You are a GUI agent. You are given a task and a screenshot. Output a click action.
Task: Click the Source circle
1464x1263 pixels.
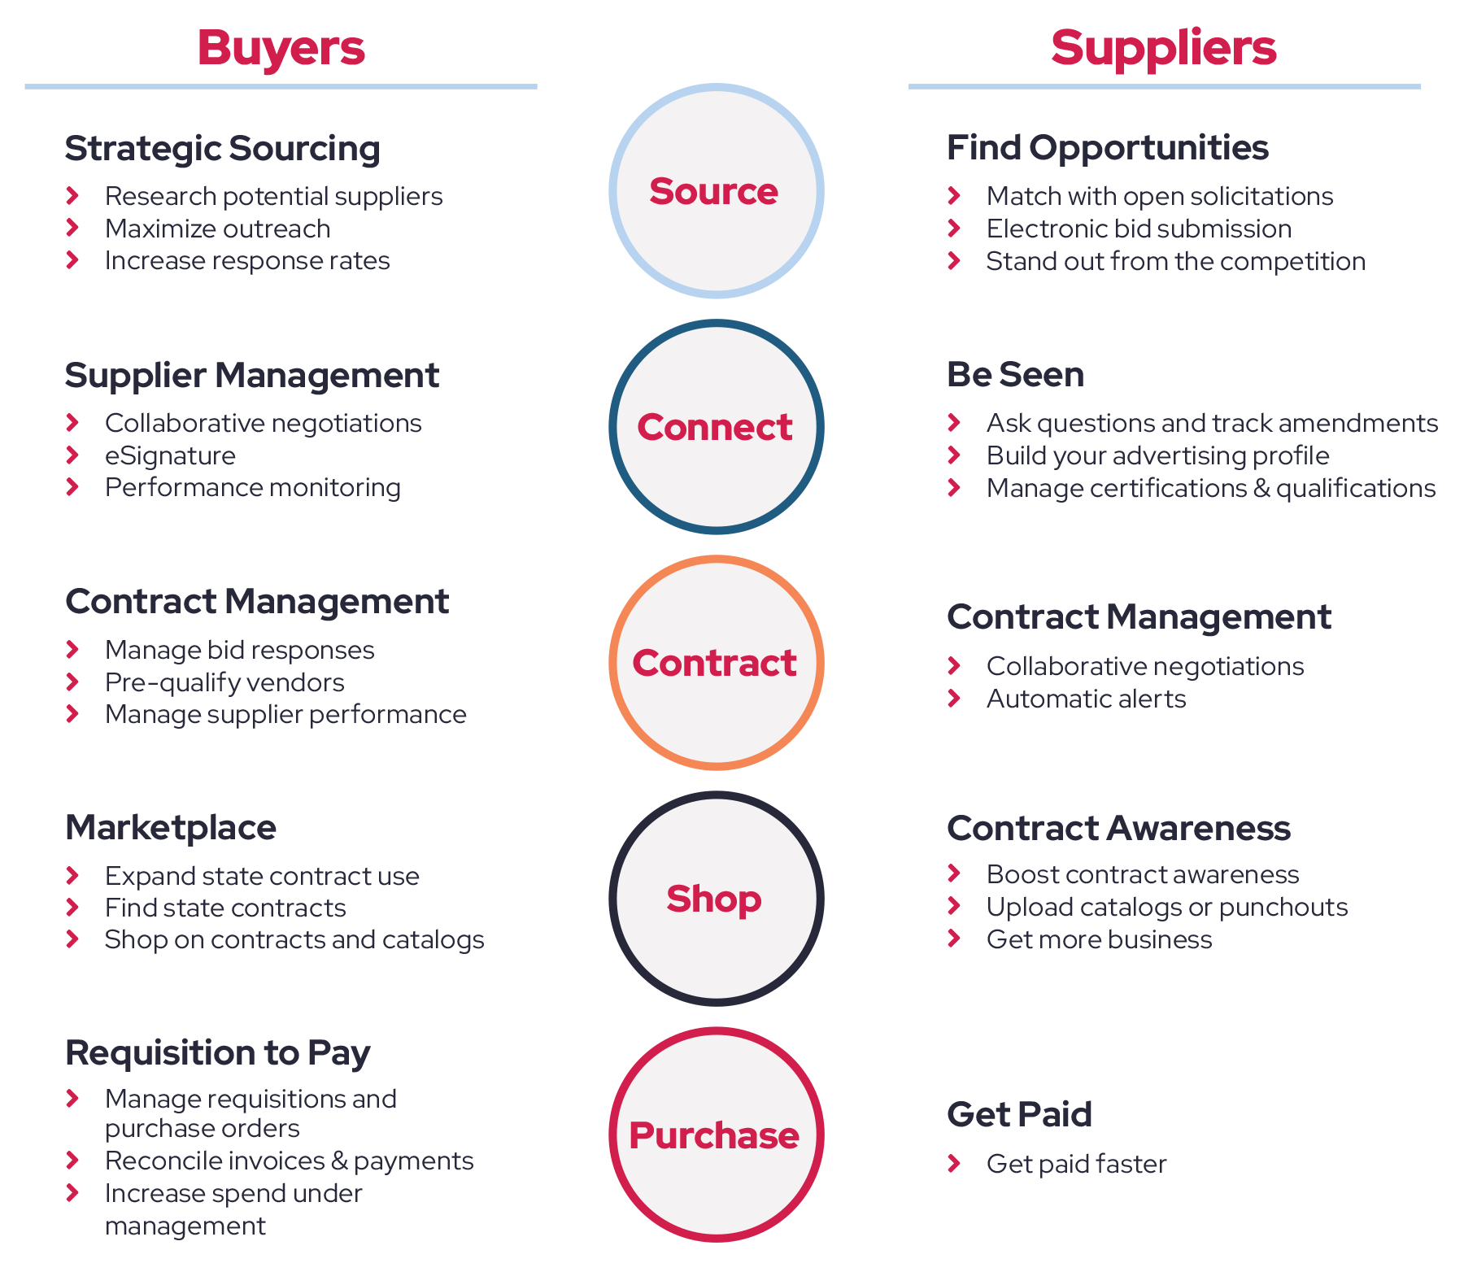tap(716, 191)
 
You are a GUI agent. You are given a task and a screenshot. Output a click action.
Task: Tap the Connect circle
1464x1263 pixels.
tap(716, 427)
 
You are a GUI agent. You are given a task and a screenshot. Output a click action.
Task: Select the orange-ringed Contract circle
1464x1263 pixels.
tap(716, 663)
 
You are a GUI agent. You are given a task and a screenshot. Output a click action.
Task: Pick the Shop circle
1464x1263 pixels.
tap(716, 899)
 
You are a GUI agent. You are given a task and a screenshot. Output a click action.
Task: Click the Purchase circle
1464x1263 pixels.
tap(716, 1135)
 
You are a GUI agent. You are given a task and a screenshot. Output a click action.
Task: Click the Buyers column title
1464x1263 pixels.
tap(281, 47)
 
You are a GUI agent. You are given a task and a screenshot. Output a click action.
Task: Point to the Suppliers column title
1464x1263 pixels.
tap(1164, 47)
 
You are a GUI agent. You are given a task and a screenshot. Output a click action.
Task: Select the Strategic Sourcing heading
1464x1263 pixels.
tap(222, 148)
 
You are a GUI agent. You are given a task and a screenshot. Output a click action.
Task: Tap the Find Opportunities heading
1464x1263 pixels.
tap(1107, 147)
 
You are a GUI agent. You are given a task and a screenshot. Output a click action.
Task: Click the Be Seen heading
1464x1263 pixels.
tap(1015, 374)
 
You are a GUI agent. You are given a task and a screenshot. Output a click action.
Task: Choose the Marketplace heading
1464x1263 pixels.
tap(171, 827)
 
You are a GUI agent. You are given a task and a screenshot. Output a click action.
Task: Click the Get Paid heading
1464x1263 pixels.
tap(1019, 1114)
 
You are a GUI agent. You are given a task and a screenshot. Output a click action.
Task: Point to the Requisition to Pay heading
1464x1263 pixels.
tap(217, 1052)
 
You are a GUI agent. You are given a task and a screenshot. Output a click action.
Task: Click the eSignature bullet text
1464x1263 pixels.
tap(170, 455)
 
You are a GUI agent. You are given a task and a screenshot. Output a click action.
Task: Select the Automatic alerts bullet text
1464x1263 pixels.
tap(1086, 699)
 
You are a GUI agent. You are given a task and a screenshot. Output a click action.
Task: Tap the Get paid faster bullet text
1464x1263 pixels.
tap(1076, 1164)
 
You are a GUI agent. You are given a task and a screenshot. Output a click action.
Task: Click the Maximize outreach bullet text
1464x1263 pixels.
tap(217, 229)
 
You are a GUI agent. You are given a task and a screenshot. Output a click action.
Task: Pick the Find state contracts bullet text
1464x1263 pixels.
tap(225, 908)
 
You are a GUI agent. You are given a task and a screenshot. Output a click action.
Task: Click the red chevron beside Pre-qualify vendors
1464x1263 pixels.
tap(72, 682)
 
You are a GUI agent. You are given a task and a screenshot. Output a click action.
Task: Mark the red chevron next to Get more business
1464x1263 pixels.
tap(954, 939)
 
